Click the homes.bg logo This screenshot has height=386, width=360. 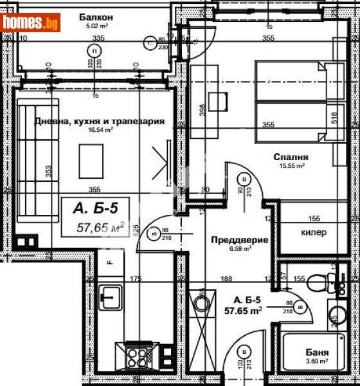click(x=31, y=23)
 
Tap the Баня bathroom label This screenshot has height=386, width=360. click(x=318, y=353)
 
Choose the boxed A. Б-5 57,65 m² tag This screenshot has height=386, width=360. click(x=96, y=217)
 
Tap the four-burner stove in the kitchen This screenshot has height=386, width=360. click(x=137, y=355)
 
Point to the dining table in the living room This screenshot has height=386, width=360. click(x=91, y=159)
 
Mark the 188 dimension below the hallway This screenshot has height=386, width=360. click(x=226, y=279)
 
